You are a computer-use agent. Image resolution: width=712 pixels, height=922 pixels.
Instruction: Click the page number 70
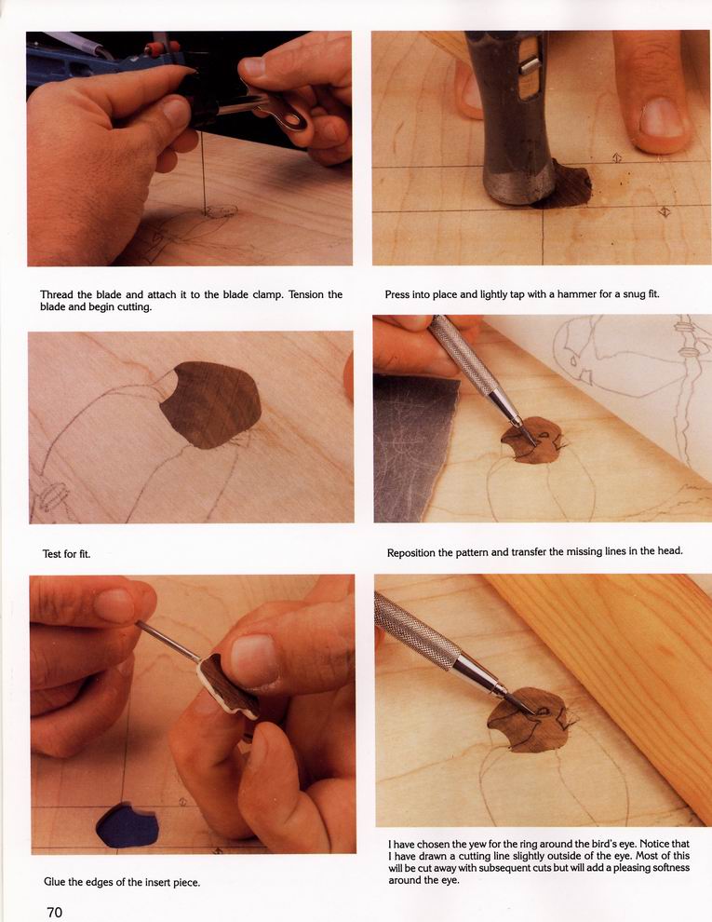tap(54, 912)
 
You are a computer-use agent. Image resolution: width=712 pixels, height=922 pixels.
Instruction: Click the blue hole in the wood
tap(127, 825)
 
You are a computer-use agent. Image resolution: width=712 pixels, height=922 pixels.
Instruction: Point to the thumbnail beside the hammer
tap(662, 117)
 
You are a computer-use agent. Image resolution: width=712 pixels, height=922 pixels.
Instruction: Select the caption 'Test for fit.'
tap(66, 554)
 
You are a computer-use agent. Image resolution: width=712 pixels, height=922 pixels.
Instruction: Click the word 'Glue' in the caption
tap(55, 882)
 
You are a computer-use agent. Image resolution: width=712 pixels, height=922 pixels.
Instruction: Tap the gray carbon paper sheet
tap(411, 447)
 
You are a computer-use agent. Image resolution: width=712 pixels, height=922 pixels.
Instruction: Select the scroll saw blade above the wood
tap(203, 174)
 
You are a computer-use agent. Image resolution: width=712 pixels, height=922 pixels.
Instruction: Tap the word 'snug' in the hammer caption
tap(628, 294)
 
